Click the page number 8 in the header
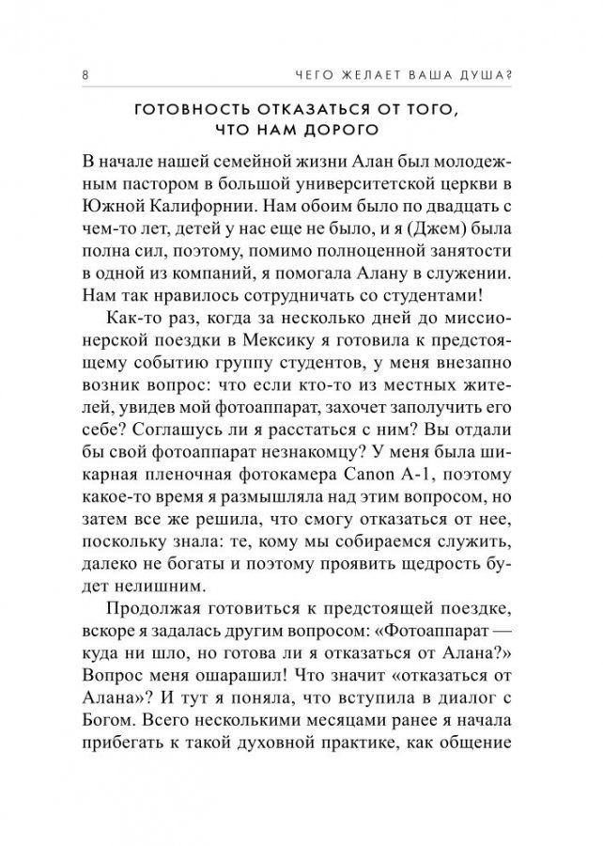click(86, 76)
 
